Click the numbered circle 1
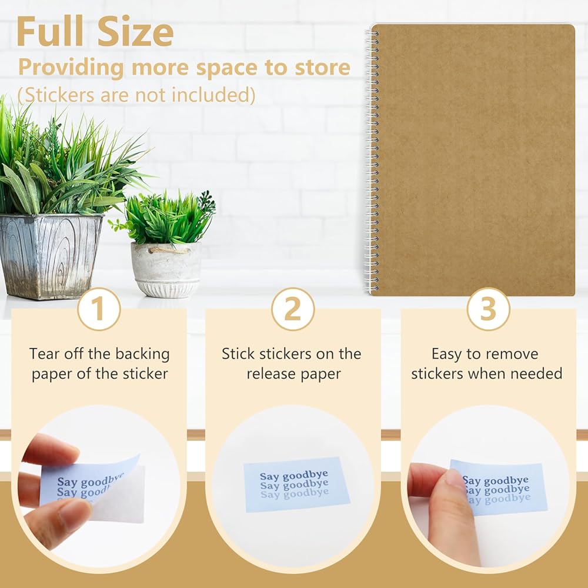tap(99, 309)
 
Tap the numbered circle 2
tap(293, 309)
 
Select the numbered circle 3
tap(488, 309)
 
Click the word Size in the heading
tap(135, 32)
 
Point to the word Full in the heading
tap(50, 32)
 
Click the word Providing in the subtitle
tap(71, 68)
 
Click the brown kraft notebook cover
tap(473, 159)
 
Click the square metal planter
tap(50, 256)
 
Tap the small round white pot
tap(166, 269)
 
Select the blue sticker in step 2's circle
tap(297, 484)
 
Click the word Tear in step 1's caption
tap(44, 353)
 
